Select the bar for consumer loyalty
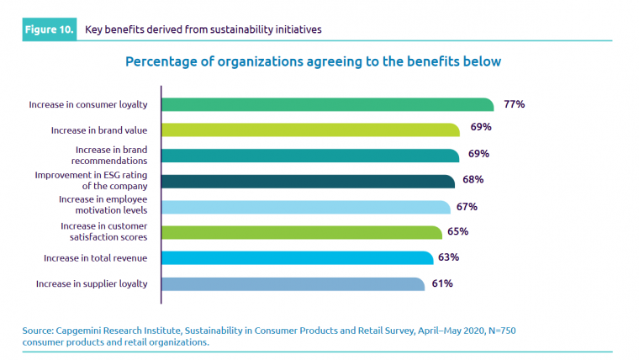click(x=327, y=104)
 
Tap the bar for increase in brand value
click(x=310, y=130)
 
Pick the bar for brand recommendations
click(x=310, y=155)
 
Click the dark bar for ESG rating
click(x=308, y=181)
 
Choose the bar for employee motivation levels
click(x=305, y=207)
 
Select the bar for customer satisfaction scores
click(x=301, y=232)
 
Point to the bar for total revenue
click(x=297, y=257)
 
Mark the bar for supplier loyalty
click(x=293, y=283)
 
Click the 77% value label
click(x=515, y=104)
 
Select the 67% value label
click(x=467, y=207)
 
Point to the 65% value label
click(x=458, y=231)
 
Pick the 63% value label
click(x=451, y=257)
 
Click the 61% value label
click(x=442, y=283)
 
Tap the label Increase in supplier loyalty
click(x=92, y=283)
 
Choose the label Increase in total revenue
click(x=95, y=257)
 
